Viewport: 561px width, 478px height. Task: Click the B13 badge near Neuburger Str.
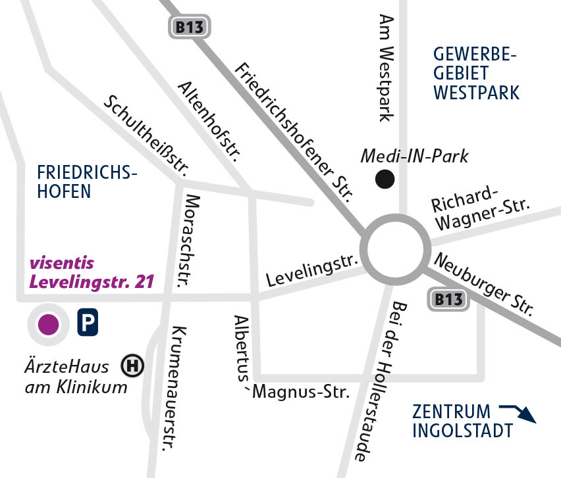click(449, 300)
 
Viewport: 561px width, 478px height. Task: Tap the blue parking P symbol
click(88, 323)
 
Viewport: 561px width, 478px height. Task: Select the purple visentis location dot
click(47, 323)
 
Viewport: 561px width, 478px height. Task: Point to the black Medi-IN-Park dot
click(385, 178)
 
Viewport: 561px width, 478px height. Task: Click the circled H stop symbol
click(133, 366)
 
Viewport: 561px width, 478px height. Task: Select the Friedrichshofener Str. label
click(294, 131)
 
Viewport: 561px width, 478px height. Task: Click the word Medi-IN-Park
click(414, 156)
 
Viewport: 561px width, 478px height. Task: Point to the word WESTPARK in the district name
click(476, 92)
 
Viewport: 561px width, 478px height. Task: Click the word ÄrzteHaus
click(68, 366)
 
